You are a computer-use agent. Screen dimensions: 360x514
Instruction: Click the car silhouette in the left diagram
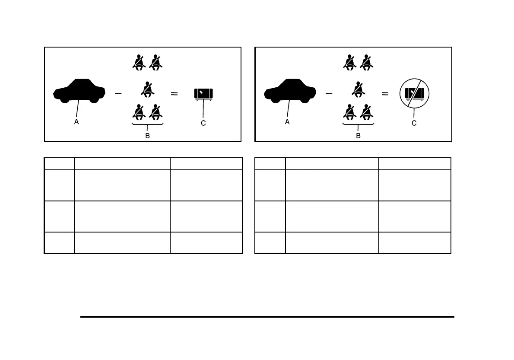pyautogui.click(x=79, y=91)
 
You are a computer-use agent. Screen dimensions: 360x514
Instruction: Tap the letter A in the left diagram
pyautogui.click(x=76, y=122)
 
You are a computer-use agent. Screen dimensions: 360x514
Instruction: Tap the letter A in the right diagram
pyautogui.click(x=287, y=122)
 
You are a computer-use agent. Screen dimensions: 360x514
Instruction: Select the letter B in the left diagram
pyautogui.click(x=148, y=135)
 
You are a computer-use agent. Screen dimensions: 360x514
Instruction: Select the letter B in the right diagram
pyautogui.click(x=358, y=135)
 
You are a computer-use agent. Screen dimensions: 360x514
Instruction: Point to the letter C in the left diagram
pyautogui.click(x=203, y=123)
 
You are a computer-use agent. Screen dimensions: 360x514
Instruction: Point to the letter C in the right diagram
pyautogui.click(x=414, y=123)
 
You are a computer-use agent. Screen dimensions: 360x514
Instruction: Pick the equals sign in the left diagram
pyautogui.click(x=175, y=93)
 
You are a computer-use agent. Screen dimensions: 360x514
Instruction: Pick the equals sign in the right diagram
pyautogui.click(x=385, y=93)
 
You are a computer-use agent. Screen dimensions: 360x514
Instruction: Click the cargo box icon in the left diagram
pyautogui.click(x=203, y=94)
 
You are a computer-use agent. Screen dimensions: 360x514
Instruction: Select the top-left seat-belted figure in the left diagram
pyautogui.click(x=139, y=63)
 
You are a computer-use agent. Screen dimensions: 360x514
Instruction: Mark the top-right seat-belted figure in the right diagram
pyautogui.click(x=366, y=63)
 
